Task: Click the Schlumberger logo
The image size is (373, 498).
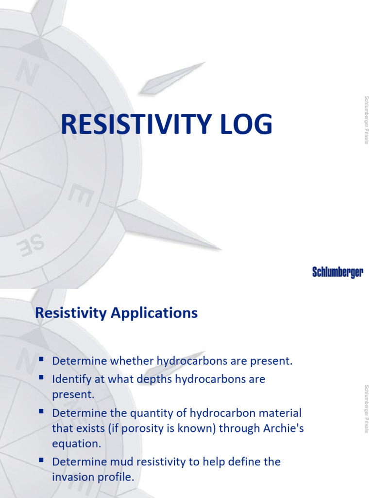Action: tap(338, 272)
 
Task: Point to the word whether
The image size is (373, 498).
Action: tap(133, 361)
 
